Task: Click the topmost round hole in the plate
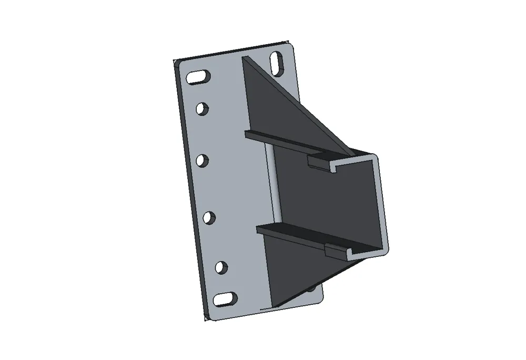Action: click(x=201, y=108)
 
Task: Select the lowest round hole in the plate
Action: click(x=221, y=267)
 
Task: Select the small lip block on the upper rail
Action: click(x=319, y=162)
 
